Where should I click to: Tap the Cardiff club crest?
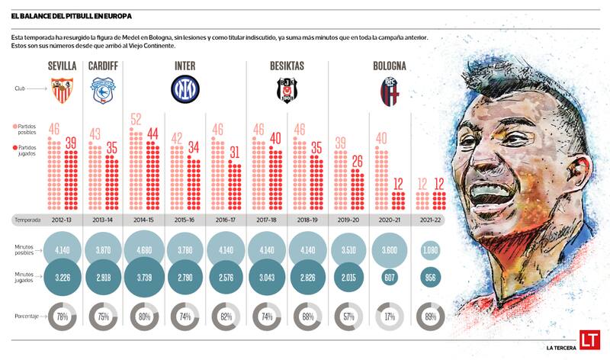[x=102, y=91]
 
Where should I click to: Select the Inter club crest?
[x=184, y=89]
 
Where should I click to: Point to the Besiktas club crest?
[x=287, y=91]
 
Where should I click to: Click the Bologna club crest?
[x=389, y=91]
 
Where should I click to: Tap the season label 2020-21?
[x=389, y=220]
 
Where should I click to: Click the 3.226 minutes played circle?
[x=63, y=280]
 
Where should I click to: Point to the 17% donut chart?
[x=389, y=317]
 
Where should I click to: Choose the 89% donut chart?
[x=430, y=317]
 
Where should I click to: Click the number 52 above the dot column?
[x=136, y=119]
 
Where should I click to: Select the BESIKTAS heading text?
[x=287, y=66]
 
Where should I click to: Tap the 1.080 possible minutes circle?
[x=430, y=249]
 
